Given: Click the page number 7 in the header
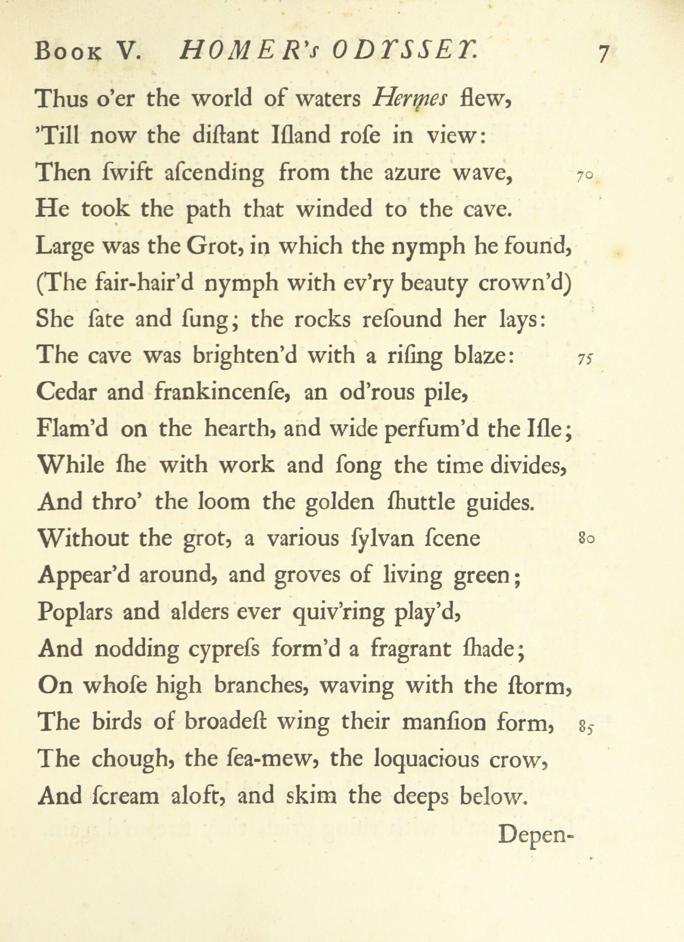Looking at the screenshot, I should tap(603, 54).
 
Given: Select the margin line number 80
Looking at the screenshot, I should tap(586, 539).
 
